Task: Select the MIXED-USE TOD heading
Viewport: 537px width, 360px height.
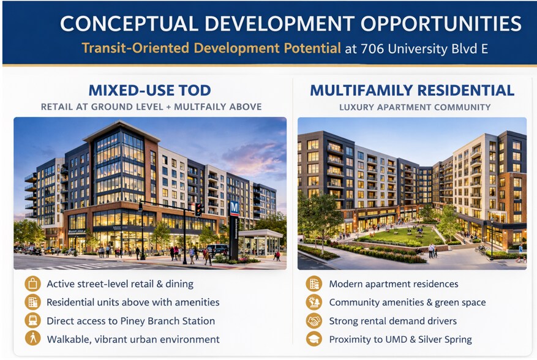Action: coord(149,91)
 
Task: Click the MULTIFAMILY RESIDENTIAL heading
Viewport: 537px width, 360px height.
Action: coord(412,91)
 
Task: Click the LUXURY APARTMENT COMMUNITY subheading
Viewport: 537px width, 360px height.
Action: coord(415,107)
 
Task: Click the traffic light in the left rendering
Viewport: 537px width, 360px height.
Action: coord(198,209)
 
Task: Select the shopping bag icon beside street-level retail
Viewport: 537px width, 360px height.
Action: coord(32,283)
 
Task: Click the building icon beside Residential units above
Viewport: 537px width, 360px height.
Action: coord(32,302)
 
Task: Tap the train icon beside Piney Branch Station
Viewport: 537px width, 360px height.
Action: coord(32,320)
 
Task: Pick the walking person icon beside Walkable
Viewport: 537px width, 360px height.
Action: coord(32,339)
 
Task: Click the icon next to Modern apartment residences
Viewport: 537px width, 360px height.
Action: coord(314,283)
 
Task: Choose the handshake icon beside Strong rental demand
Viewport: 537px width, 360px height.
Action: coord(314,320)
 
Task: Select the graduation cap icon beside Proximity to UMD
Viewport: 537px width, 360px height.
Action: coord(314,339)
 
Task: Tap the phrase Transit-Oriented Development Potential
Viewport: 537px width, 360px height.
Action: coord(211,48)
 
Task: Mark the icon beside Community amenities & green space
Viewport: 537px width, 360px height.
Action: coord(314,302)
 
